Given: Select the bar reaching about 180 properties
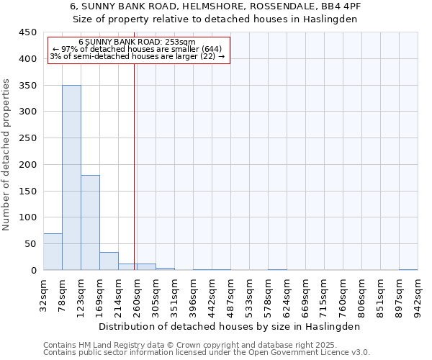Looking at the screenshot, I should pyautogui.click(x=90, y=222).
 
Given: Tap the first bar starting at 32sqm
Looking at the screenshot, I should pyautogui.click(x=53, y=252).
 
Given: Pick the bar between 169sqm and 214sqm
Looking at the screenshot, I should pyautogui.click(x=109, y=261).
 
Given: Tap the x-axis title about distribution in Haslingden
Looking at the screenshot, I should pyautogui.click(x=228, y=326).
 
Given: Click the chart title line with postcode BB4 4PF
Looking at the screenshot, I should pyautogui.click(x=216, y=6).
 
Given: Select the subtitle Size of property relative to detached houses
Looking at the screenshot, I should pyautogui.click(x=216, y=19).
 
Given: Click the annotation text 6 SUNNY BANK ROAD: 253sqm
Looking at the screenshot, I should pyautogui.click(x=137, y=42).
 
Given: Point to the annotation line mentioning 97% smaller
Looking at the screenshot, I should pyautogui.click(x=137, y=50).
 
